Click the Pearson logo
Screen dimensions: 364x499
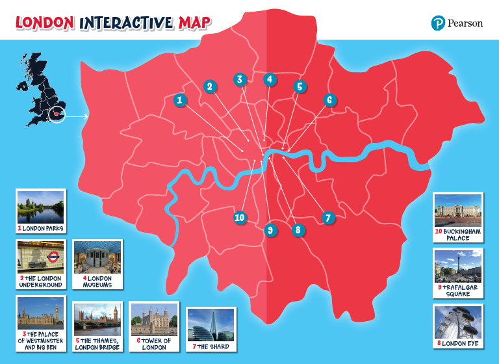[x=457, y=23]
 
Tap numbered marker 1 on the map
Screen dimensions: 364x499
[x=180, y=100]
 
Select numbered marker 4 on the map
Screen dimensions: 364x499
[x=269, y=79]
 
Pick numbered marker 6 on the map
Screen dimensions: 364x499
[x=329, y=100]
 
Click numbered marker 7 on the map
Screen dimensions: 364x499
[x=327, y=217]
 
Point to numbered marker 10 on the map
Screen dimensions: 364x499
[x=240, y=217]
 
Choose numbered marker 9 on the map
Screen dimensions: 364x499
[x=270, y=229]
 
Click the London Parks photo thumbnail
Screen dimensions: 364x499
[x=40, y=207]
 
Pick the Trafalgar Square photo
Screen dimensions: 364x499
[x=458, y=266]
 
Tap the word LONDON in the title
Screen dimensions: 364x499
[x=44, y=23]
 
